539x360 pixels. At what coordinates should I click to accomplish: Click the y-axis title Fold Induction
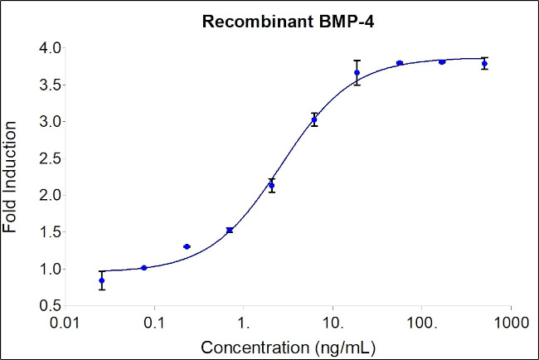[12, 176]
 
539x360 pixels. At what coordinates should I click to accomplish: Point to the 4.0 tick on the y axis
[47, 48]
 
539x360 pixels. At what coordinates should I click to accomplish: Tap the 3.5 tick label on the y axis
[47, 85]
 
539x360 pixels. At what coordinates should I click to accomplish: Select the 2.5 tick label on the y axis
[47, 158]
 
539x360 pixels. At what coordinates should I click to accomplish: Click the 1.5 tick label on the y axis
[47, 232]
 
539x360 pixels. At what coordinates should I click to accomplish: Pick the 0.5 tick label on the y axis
[47, 305]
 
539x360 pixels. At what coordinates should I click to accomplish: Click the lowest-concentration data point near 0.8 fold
[102, 281]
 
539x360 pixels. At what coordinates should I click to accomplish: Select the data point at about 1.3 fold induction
[187, 246]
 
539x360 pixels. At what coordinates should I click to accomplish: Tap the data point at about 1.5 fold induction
[229, 230]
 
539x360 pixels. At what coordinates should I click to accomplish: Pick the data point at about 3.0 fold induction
[314, 120]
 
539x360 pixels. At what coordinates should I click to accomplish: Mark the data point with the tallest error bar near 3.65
[357, 73]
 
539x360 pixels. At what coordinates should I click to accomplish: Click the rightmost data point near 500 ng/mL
[484, 63]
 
